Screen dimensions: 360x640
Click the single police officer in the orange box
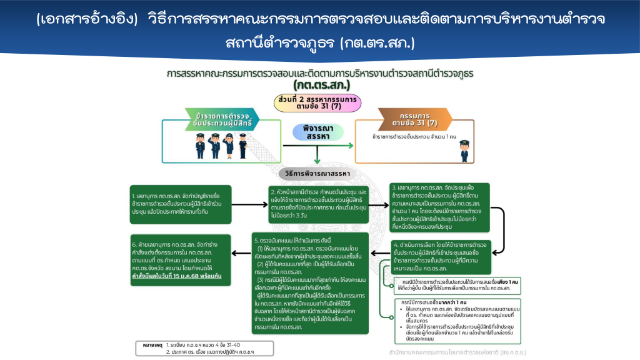(x=463, y=150)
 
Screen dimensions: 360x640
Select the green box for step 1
(x=181, y=204)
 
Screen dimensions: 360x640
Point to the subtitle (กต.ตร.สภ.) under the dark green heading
(x=320, y=84)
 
